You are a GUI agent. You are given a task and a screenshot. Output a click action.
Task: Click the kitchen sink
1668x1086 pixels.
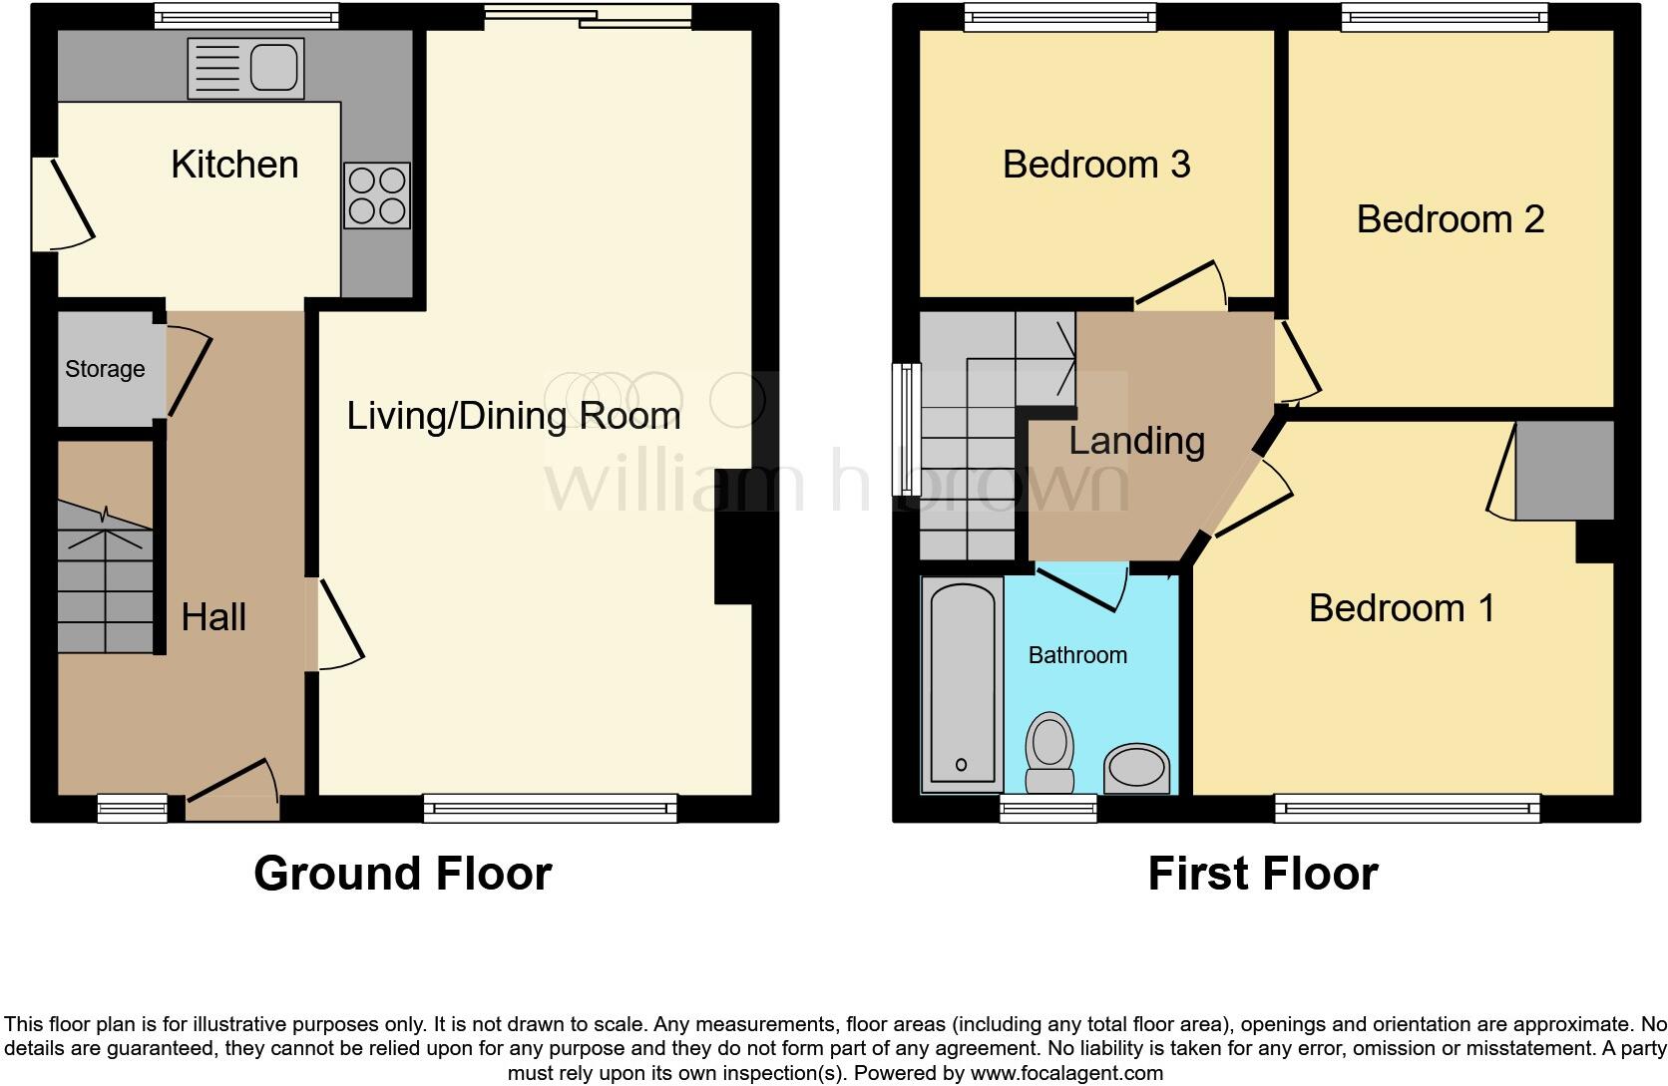tap(245, 69)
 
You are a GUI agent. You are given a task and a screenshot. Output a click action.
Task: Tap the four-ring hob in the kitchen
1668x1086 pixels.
tap(377, 195)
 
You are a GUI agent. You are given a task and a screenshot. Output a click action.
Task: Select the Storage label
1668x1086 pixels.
tap(105, 369)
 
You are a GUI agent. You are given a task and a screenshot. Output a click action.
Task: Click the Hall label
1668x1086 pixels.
tap(213, 617)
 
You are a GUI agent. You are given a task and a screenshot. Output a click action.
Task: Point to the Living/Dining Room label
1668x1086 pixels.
tap(514, 415)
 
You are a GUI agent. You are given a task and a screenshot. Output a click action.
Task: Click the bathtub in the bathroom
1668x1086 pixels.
tap(962, 683)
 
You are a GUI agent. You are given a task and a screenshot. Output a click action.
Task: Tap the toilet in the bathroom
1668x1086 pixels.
tap(1049, 753)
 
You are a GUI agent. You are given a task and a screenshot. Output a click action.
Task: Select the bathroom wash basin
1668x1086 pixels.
tap(1137, 768)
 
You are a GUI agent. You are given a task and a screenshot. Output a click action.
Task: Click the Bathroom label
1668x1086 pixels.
tap(1077, 655)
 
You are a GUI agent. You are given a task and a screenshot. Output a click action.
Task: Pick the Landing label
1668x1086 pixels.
tap(1137, 442)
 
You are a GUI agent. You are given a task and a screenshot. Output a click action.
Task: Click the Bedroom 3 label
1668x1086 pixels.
tap(1096, 165)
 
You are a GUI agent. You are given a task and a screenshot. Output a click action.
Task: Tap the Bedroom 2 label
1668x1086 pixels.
tap(1451, 219)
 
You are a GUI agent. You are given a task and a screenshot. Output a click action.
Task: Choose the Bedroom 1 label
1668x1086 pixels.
tap(1403, 608)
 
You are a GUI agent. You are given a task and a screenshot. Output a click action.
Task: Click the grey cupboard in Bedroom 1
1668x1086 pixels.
tap(1564, 471)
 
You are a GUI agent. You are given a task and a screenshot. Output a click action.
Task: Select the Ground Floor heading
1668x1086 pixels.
tap(403, 874)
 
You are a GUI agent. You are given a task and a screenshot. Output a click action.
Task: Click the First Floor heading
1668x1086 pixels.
tap(1264, 874)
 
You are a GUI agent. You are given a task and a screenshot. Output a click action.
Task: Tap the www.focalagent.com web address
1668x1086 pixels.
tap(1066, 1073)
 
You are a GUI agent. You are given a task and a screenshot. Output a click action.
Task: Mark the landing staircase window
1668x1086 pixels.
tap(906, 430)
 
